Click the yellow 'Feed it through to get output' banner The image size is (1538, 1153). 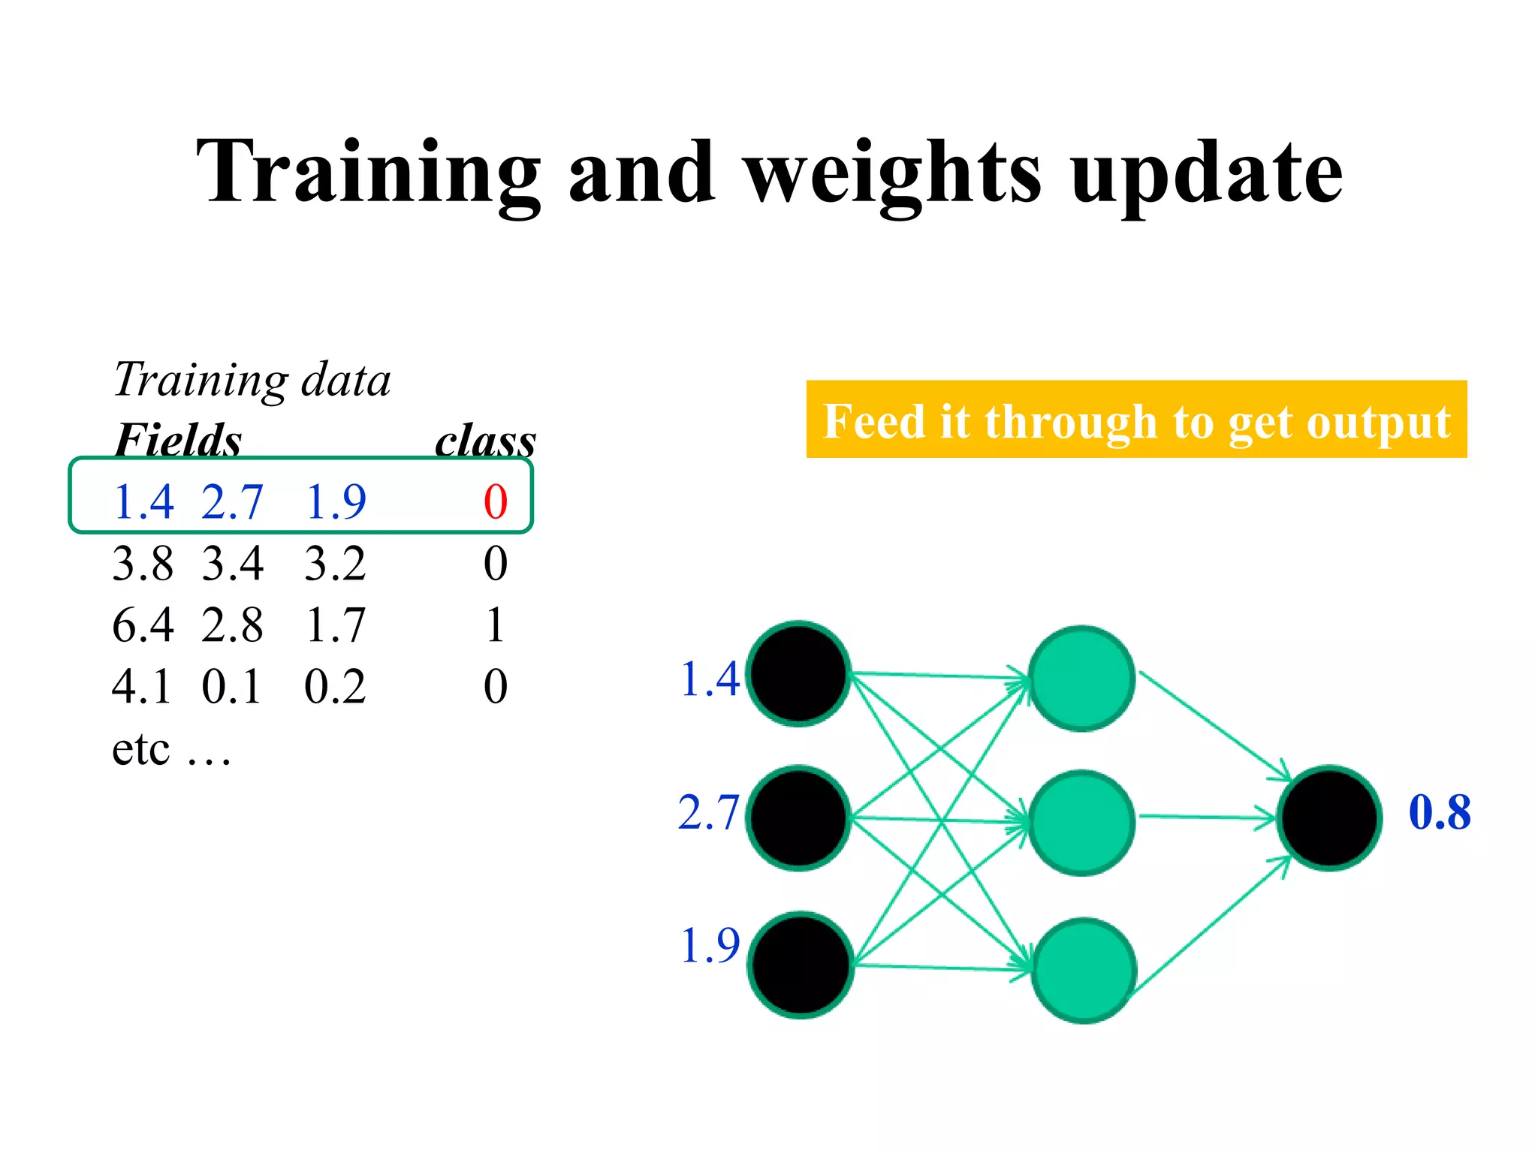click(x=1136, y=420)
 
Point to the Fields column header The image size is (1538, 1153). click(x=178, y=440)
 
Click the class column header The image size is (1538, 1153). click(x=485, y=440)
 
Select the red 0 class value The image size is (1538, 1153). click(x=496, y=501)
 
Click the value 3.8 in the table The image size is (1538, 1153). click(x=143, y=563)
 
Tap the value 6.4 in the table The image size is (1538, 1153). click(x=143, y=625)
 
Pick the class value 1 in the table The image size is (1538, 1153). click(x=495, y=625)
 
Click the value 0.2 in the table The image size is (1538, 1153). click(x=335, y=686)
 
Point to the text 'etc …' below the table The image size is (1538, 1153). click(x=171, y=748)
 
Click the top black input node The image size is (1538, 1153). click(x=799, y=673)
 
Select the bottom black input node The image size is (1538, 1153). click(x=801, y=965)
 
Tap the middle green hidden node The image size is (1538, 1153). click(x=1081, y=822)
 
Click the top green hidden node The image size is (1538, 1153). click(x=1081, y=678)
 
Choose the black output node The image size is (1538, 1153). click(x=1329, y=817)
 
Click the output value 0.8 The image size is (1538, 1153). click(x=1440, y=812)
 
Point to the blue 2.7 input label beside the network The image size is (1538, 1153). click(x=708, y=812)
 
